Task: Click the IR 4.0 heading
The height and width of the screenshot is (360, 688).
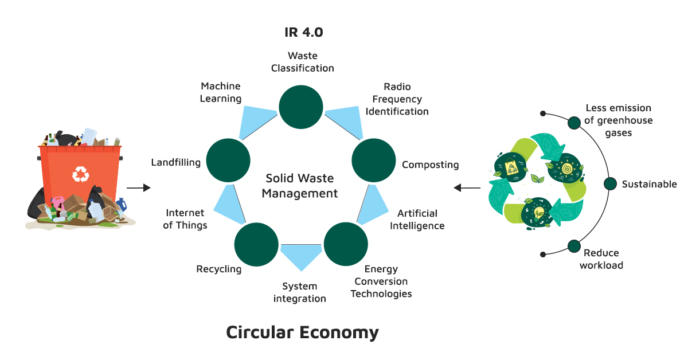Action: (303, 32)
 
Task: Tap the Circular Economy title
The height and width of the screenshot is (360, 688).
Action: (302, 332)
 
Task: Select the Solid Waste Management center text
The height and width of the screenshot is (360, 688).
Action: (299, 186)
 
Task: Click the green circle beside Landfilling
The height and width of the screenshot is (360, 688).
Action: (228, 161)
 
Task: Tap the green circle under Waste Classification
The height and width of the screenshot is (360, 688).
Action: (301, 107)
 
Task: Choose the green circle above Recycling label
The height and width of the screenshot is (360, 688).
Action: (256, 245)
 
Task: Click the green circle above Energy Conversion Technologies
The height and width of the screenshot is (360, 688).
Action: (346, 245)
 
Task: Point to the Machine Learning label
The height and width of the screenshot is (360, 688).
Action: (221, 92)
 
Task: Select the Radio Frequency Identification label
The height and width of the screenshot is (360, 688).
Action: (397, 99)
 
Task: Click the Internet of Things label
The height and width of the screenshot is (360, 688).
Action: (185, 219)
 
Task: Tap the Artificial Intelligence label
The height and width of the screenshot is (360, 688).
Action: (417, 220)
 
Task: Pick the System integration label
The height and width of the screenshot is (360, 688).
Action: (299, 292)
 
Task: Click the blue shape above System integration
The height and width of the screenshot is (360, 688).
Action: (301, 256)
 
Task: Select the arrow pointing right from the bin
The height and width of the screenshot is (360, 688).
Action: (138, 187)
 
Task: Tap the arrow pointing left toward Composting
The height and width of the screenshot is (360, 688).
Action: (467, 187)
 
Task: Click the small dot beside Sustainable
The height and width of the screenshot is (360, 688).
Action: (610, 183)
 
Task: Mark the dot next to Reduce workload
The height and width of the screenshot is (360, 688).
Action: (574, 246)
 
